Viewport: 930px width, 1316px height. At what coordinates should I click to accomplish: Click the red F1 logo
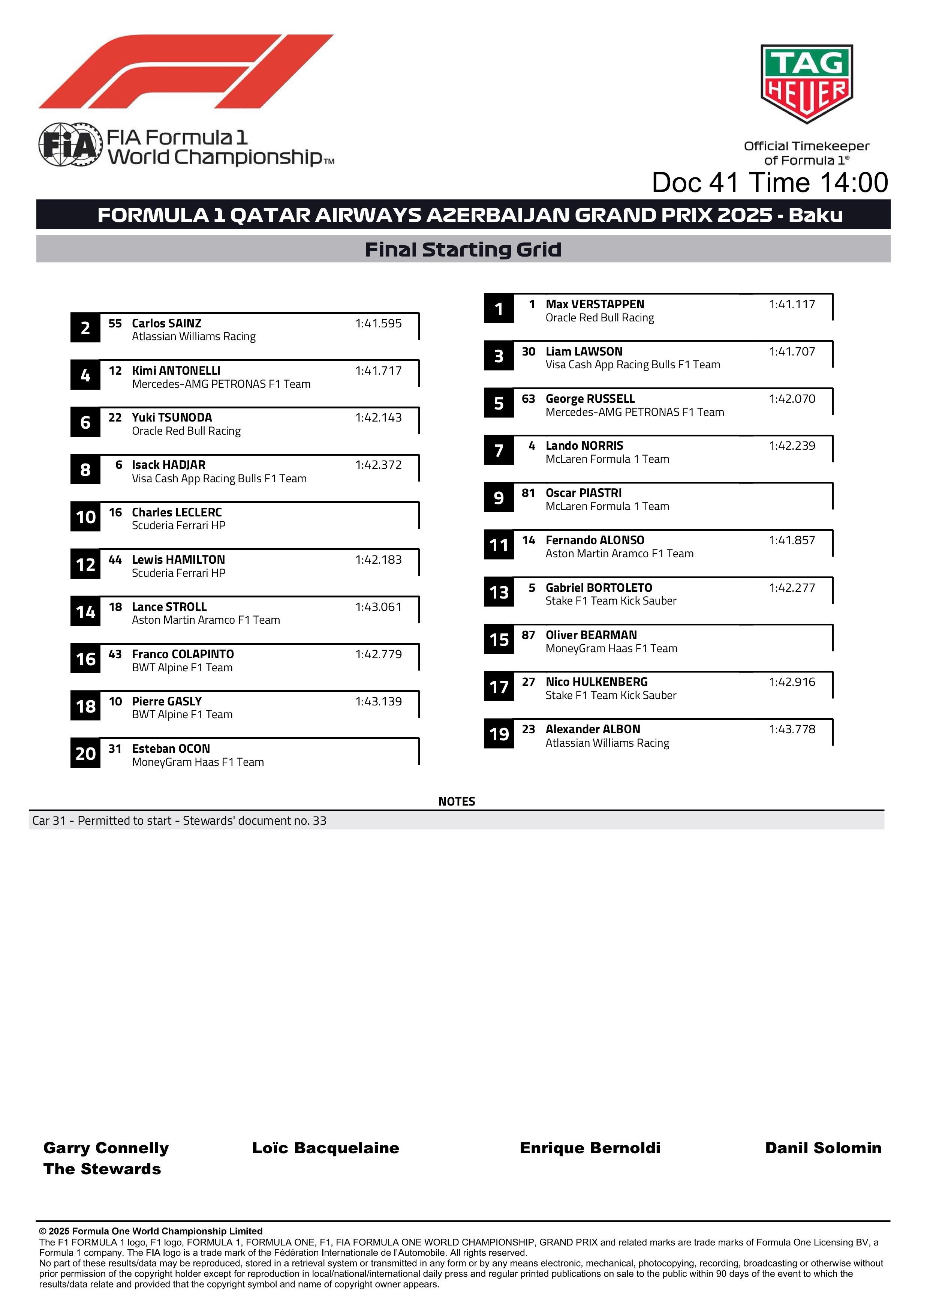coord(186,72)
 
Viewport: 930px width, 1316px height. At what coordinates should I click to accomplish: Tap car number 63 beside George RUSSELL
coord(528,399)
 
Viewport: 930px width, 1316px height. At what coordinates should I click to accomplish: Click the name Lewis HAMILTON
coord(178,560)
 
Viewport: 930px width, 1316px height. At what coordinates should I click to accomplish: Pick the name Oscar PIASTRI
coord(583,493)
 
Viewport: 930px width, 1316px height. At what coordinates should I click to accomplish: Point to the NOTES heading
coord(456,801)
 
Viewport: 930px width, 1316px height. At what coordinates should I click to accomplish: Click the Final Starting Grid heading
coord(463,249)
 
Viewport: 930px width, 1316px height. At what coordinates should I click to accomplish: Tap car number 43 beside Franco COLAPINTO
coord(115,654)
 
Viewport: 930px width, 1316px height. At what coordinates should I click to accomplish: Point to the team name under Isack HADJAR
coord(219,479)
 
